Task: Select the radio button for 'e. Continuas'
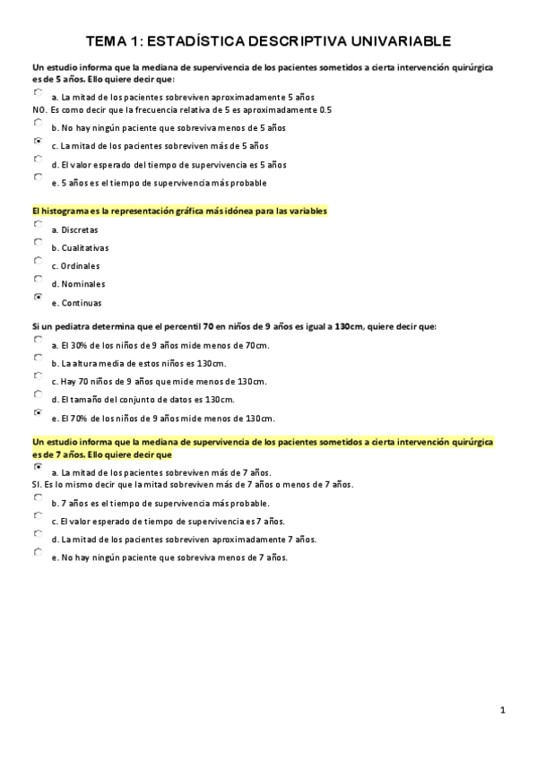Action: pos(38,297)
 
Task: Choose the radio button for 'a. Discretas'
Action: pos(38,224)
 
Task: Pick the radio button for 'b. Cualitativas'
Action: pos(38,242)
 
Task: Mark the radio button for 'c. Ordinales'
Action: pos(38,261)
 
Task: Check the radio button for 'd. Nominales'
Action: pos(38,279)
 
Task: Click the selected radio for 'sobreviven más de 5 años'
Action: pos(38,141)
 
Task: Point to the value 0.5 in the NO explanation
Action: pos(325,109)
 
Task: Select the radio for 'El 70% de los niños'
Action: pos(38,412)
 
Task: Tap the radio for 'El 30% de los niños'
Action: pos(38,340)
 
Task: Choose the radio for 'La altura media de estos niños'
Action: pos(38,358)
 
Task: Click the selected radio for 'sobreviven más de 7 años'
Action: pos(38,467)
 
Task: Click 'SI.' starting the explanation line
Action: pos(37,485)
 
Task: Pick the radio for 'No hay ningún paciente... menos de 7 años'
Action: pos(38,552)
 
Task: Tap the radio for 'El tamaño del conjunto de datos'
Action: pos(38,394)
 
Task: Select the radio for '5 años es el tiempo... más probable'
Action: pos(38,177)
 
